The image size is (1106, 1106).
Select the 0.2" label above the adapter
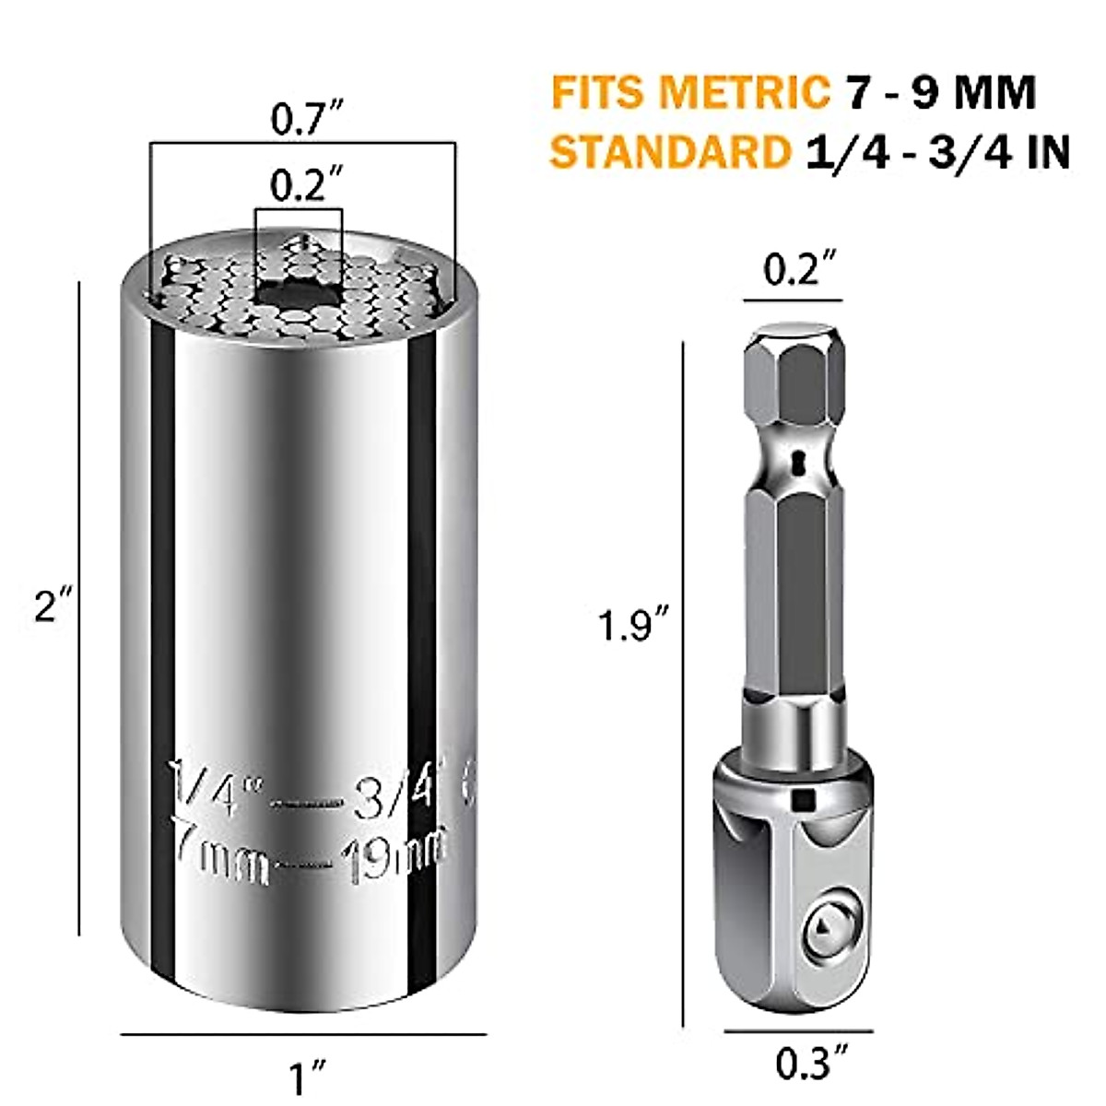tap(793, 272)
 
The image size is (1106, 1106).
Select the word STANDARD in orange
tap(669, 153)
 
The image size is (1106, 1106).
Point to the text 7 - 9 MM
tap(940, 93)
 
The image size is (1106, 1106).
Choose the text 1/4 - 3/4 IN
tap(936, 153)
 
